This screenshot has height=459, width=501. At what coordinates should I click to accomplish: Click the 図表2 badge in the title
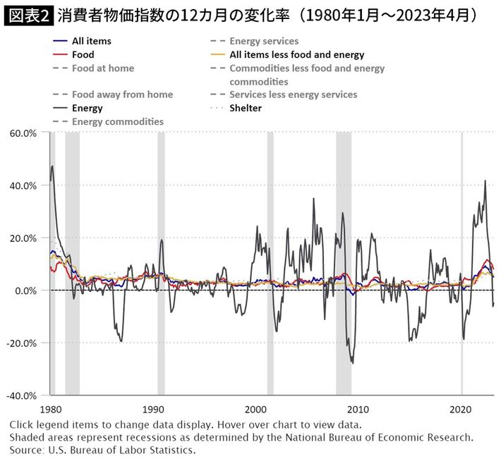point(28,14)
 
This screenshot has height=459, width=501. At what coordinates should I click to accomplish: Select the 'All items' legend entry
point(91,41)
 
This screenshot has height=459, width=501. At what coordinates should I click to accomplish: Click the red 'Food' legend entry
point(83,54)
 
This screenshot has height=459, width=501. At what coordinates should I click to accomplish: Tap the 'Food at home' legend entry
point(102,68)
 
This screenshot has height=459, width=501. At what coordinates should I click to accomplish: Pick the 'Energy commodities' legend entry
point(117,121)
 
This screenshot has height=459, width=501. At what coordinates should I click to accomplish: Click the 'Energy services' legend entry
point(264,41)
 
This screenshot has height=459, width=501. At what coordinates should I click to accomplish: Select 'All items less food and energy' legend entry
point(296,54)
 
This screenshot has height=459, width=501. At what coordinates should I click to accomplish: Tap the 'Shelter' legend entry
point(245,108)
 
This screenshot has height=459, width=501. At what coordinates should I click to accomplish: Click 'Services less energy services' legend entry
point(293,94)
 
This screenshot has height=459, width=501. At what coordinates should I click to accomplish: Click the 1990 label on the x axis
point(152,410)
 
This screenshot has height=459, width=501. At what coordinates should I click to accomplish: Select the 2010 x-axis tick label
point(358,410)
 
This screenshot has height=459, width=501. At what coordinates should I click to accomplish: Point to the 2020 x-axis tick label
point(461,410)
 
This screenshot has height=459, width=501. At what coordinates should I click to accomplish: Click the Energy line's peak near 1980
point(52,166)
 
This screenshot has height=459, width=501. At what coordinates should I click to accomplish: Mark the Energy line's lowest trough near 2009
point(352,363)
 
